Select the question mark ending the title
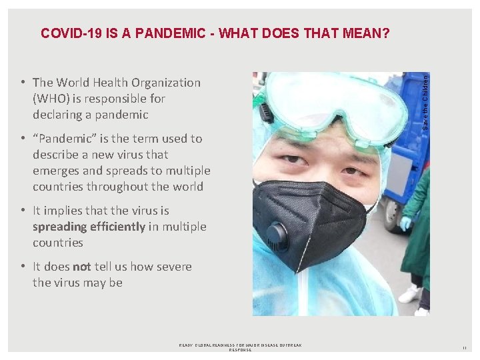pyautogui.click(x=386, y=33)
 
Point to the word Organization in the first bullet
pyautogui.click(x=166, y=83)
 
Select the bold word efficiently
pyautogui.click(x=113, y=227)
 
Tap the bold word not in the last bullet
pyautogui.click(x=82, y=267)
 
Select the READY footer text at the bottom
pyautogui.click(x=240, y=347)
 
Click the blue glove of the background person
pyautogui.click(x=405, y=223)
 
